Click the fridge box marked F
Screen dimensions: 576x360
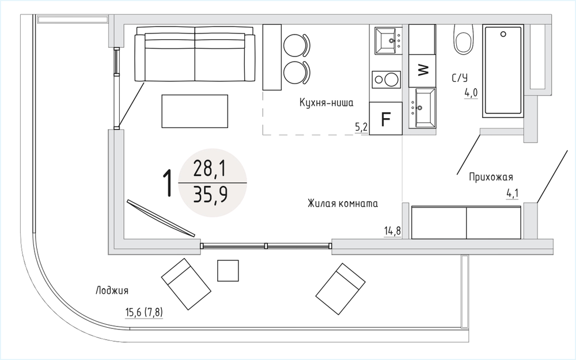pos(386,118)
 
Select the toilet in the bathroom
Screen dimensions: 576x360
pos(463,39)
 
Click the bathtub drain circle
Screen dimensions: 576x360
pos(503,34)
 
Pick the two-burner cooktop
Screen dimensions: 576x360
pos(386,79)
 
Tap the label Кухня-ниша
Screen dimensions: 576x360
pos(326,103)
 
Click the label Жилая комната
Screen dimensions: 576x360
pos(343,203)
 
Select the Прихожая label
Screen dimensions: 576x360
pos(491,177)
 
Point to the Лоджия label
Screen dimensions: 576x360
pos(112,290)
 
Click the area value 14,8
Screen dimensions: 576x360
pos(392,231)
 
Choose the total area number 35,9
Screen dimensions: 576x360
pos(210,195)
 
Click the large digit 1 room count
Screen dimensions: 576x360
pos(168,183)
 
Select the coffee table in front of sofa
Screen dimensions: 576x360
pos(195,111)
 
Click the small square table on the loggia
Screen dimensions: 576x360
pos(228,270)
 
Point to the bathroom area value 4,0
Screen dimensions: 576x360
pos(471,93)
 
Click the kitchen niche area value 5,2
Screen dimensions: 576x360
pos(361,127)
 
